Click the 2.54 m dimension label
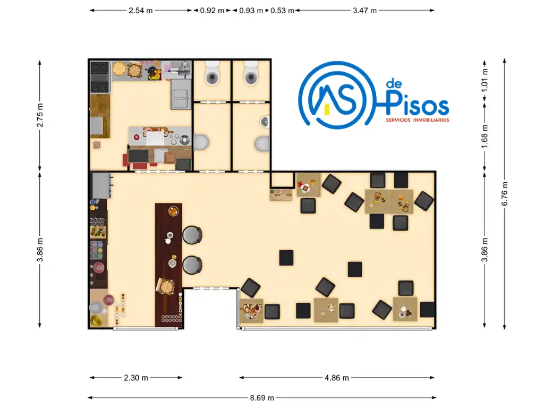point(140,11)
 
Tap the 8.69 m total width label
point(262,397)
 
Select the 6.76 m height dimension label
point(505,193)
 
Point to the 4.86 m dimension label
point(336,378)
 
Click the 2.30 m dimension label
point(136,378)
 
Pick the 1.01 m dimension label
point(484,80)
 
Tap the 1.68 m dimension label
point(484,137)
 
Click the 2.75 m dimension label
point(40,115)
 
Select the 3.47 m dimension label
point(364,11)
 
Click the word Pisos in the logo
point(418,103)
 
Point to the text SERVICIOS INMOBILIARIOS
point(418,120)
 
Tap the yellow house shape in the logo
point(327,109)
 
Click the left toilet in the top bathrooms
point(212,73)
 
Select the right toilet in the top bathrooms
point(251,73)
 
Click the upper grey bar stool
point(192,235)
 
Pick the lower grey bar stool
point(192,265)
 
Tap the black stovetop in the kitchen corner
point(100,77)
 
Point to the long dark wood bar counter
point(168,265)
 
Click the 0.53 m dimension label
point(282,11)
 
